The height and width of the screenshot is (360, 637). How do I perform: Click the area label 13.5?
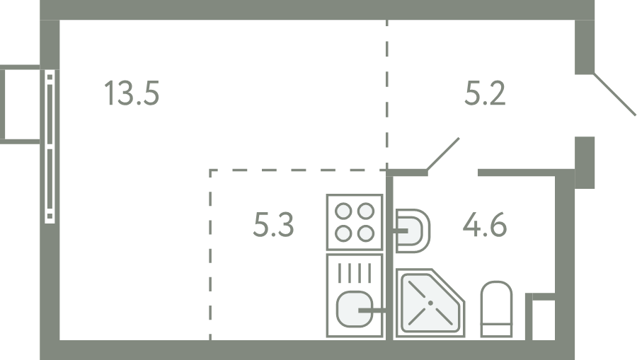tap(132, 93)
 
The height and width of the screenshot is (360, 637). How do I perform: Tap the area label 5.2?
tap(485, 93)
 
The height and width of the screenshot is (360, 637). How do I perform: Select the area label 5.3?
tap(273, 224)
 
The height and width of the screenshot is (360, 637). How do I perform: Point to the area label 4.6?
tap(485, 224)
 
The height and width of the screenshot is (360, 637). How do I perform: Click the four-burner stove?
tap(355, 222)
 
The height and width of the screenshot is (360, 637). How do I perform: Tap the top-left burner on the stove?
tap(344, 211)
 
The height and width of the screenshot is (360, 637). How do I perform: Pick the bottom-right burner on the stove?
tap(366, 233)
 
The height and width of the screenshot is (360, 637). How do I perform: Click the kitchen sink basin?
tap(355, 309)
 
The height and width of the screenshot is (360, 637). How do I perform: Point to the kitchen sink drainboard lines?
tap(355, 273)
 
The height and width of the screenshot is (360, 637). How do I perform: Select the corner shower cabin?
tap(430, 303)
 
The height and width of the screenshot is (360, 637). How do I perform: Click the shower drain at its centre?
tap(430, 303)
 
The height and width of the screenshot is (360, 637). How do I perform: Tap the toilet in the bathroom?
tap(496, 309)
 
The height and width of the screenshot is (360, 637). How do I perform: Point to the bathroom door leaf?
tap(443, 153)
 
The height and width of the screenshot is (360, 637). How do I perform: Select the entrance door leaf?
tap(614, 94)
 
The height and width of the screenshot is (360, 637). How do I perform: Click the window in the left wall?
tap(50, 146)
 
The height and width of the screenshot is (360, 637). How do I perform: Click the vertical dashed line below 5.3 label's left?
tap(210, 255)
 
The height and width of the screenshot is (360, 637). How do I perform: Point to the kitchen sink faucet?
tap(372, 311)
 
